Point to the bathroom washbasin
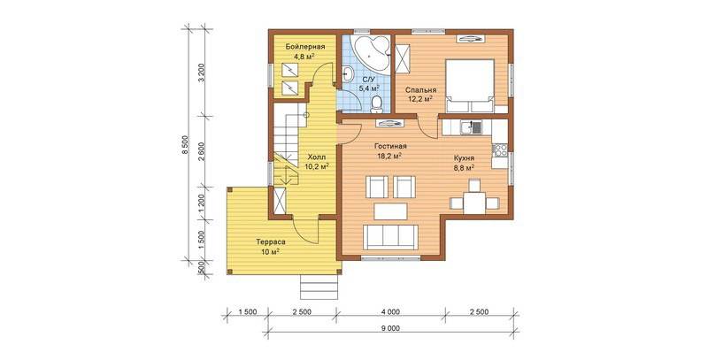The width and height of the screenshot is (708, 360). point(348,73)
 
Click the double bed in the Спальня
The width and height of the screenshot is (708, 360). point(470,86)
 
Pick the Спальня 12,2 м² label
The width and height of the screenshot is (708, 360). point(420,94)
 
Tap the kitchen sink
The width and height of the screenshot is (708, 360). point(470,127)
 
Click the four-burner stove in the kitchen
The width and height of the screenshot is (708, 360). point(499,149)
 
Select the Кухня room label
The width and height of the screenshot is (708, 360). point(464,158)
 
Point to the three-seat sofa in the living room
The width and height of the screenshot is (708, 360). point(389,237)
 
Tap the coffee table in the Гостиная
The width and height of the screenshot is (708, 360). point(391,211)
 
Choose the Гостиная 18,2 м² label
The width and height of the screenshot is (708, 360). point(390,151)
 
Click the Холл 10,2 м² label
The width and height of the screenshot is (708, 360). point(316,162)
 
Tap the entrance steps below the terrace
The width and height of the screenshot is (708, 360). point(319,287)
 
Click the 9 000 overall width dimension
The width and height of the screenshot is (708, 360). point(393,328)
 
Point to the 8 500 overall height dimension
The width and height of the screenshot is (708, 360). point(184,145)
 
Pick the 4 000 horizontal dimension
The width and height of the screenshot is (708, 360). point(391,311)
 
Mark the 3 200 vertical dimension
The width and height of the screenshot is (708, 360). point(202,73)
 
